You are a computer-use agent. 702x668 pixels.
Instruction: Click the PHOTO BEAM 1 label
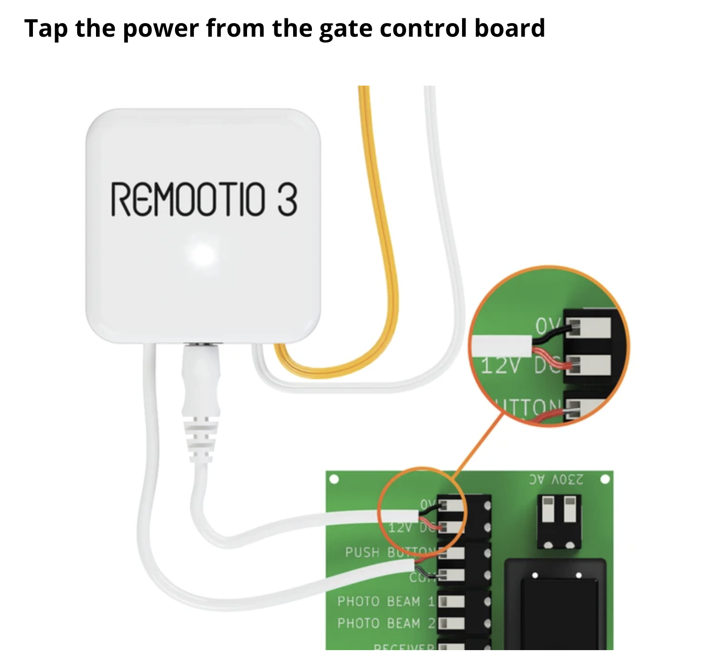(386, 601)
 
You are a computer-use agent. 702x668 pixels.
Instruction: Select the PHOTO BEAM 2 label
(386, 623)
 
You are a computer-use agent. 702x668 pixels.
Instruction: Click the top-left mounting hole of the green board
(334, 479)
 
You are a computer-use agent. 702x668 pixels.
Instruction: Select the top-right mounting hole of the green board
(605, 479)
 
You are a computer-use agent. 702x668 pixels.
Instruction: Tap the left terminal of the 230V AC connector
(548, 510)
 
